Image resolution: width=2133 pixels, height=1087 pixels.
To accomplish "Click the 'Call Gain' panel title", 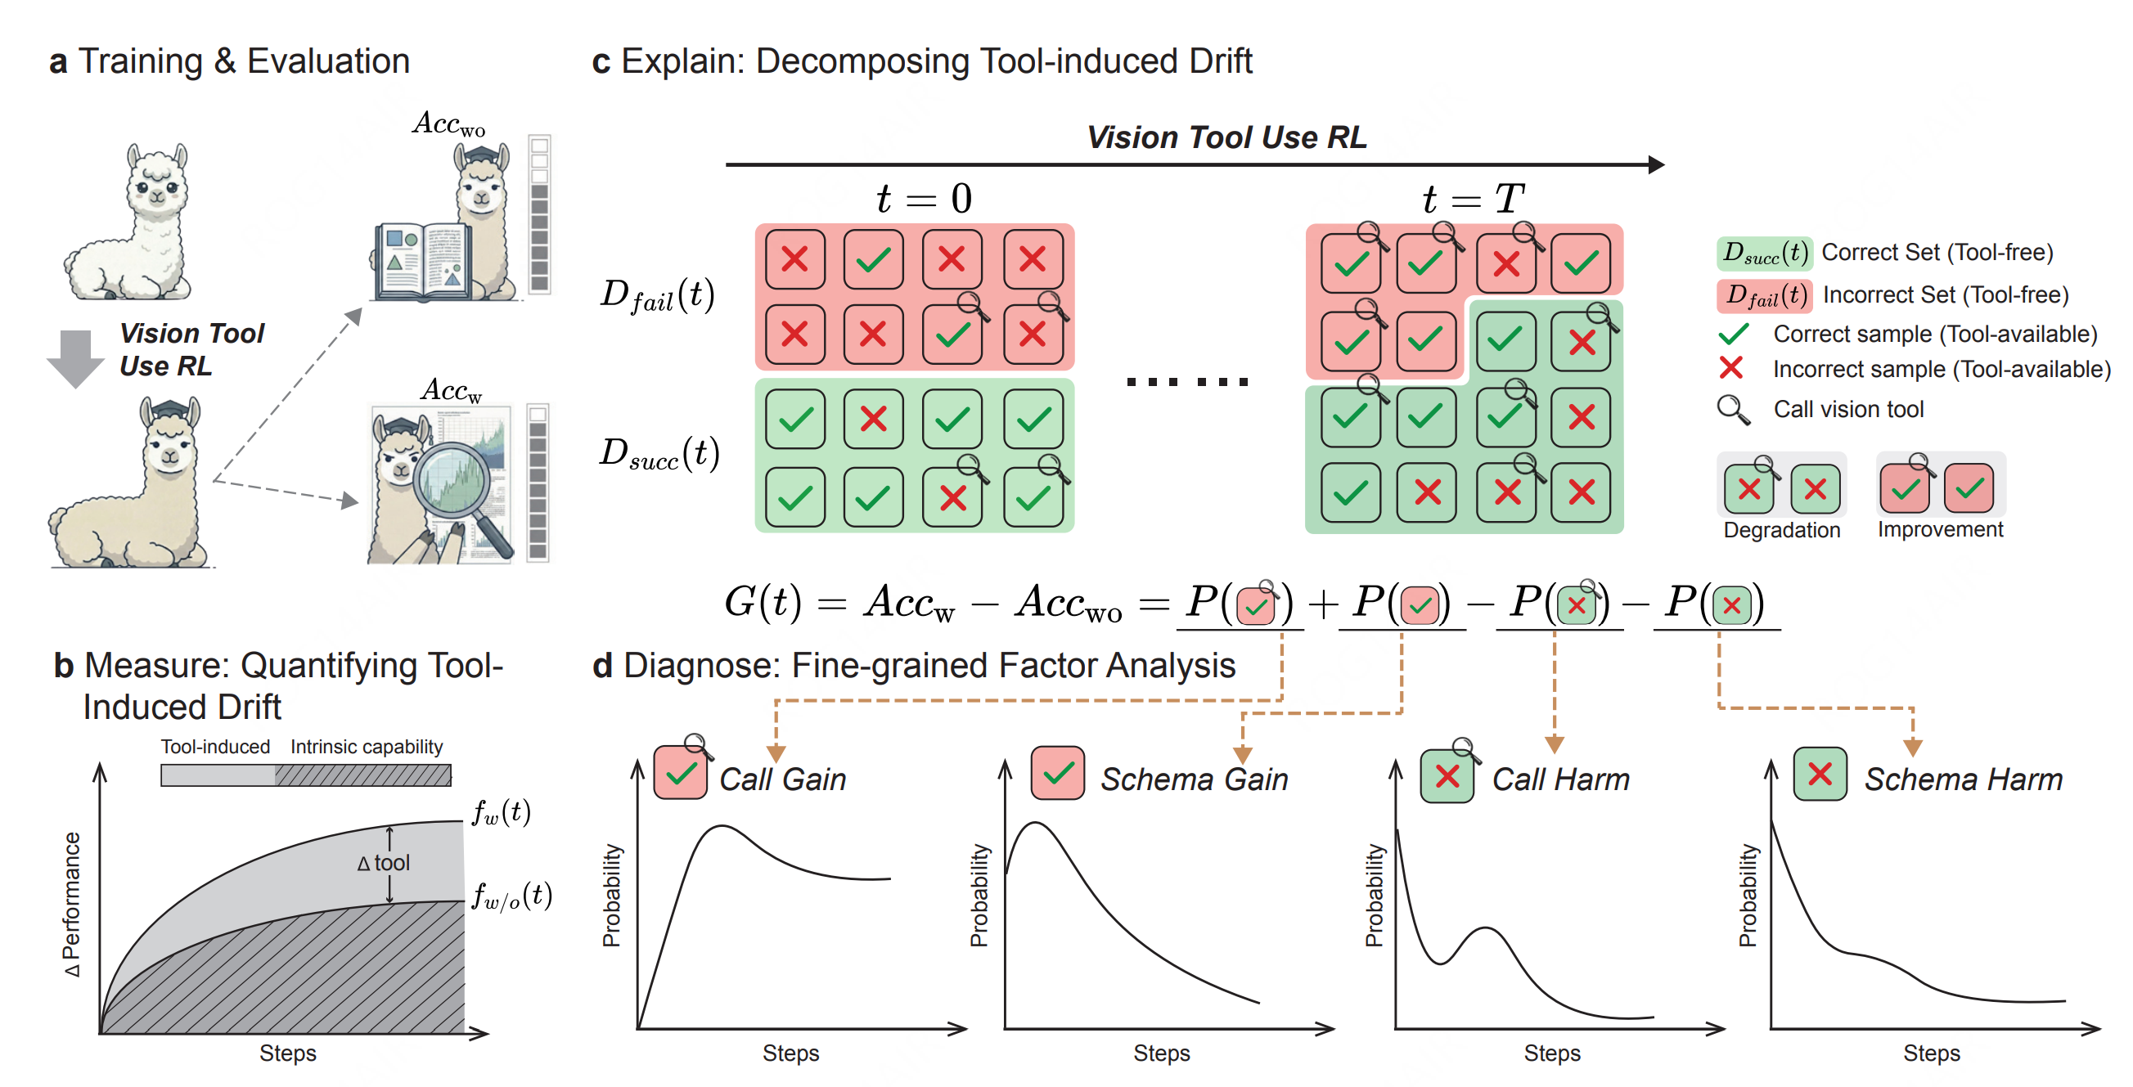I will point(782,779).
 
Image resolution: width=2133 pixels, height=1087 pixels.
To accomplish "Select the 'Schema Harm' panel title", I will point(1963,779).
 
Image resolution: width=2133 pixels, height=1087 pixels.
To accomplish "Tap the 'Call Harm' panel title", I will point(1560,779).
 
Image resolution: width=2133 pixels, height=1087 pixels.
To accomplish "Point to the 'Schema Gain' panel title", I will point(1194,779).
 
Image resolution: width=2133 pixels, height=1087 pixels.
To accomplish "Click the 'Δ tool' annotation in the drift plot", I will point(384,863).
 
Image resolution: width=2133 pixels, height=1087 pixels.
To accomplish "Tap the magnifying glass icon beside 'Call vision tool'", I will point(1732,410).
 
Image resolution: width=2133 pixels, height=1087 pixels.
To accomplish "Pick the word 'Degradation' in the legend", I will point(1781,530).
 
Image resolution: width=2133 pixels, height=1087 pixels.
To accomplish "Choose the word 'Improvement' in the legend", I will point(1939,530).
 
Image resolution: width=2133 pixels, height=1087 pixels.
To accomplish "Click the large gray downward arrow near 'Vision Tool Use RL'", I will point(75,357).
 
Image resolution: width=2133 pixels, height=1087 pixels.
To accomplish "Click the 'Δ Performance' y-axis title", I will point(73,904).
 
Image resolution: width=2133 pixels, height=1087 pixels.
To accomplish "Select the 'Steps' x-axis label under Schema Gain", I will point(1161,1053).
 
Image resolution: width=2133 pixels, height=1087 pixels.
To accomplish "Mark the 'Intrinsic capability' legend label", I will point(366,747).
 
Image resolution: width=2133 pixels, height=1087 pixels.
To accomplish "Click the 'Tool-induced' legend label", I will point(215,747).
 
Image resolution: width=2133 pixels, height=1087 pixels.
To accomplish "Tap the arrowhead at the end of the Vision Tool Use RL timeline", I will point(1655,164).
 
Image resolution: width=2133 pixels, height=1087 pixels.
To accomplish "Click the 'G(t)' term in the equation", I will point(762,601).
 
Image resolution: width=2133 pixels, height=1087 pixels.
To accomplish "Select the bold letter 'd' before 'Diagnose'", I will point(602,667).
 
